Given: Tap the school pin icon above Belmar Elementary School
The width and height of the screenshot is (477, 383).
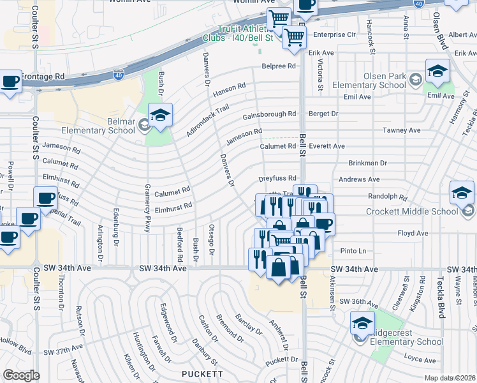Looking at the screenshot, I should point(160,116).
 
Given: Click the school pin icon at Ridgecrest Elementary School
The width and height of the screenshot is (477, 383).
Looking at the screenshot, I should point(362,324).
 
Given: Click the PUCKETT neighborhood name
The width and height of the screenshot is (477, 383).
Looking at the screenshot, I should point(202,373).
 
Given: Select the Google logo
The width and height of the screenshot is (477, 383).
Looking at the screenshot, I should point(21,375).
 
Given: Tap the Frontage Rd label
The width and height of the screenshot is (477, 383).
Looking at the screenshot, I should point(43,77).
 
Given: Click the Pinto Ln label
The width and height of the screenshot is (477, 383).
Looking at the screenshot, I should point(351,251).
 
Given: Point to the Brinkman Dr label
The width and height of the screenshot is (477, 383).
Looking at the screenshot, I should point(368,163).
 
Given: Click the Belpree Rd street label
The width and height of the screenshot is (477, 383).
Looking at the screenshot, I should point(279,66).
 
